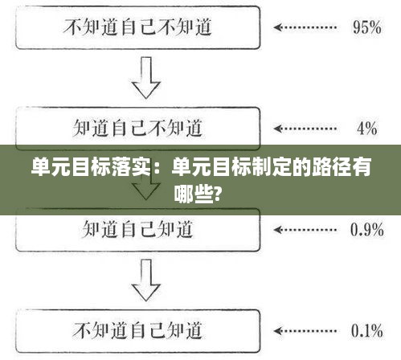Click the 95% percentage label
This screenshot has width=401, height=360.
pyautogui.click(x=367, y=27)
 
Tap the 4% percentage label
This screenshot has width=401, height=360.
pyautogui.click(x=367, y=129)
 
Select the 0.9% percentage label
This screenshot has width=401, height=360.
pyautogui.click(x=367, y=230)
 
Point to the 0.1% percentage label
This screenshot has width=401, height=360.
pyautogui.click(x=367, y=331)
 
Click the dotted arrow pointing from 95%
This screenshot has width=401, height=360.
pyautogui.click(x=305, y=27)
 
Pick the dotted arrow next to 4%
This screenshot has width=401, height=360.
pyautogui.click(x=305, y=129)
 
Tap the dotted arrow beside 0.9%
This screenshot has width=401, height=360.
pyautogui.click(x=305, y=230)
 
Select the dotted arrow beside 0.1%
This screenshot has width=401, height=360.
pyautogui.click(x=305, y=331)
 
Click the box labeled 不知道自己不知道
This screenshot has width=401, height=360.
pyautogui.click(x=137, y=7)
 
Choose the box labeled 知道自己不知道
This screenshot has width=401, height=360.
pyautogui.click(x=137, y=108)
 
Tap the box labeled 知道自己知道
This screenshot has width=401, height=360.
pyautogui.click(x=137, y=250)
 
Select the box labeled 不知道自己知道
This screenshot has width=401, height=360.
pyautogui.click(x=137, y=310)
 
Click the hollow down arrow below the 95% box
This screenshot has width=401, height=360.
pyautogui.click(x=146, y=77)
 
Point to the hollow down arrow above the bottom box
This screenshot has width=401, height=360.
pyautogui.click(x=146, y=280)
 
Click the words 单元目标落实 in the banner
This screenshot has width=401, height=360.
pyautogui.click(x=91, y=167)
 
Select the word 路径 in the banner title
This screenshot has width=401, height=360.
pyautogui.click(x=332, y=167)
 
